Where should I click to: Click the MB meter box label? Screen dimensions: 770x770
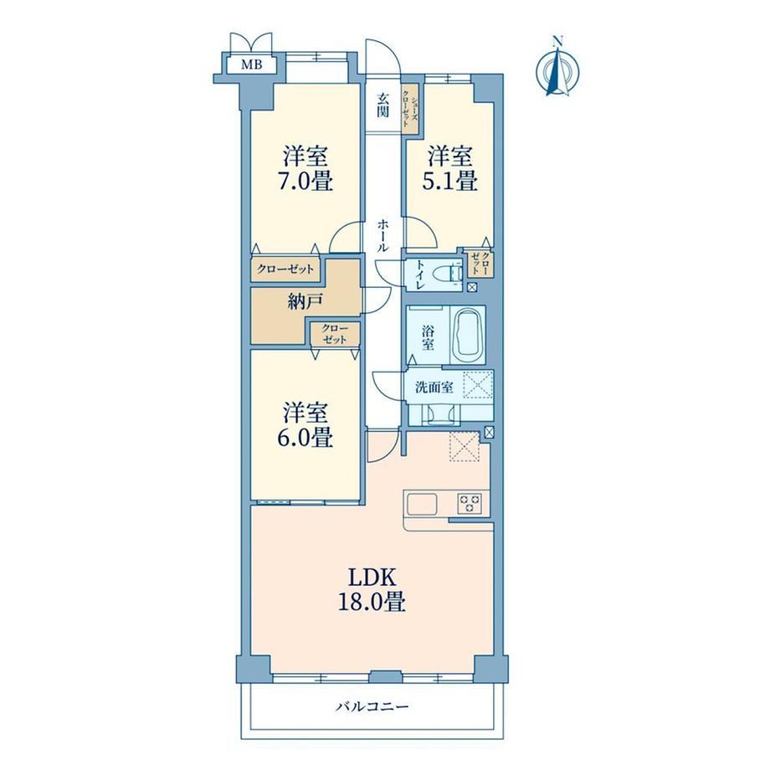[x=251, y=64]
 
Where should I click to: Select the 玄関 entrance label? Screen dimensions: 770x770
[x=383, y=105]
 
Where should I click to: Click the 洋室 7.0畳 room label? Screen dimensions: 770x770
[x=306, y=168]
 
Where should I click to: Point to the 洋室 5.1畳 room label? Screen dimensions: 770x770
[x=451, y=168]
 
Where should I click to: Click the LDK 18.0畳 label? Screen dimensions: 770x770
[x=372, y=589]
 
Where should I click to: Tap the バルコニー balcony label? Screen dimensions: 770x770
[x=372, y=706]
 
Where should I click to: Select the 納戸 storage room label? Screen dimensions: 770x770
[x=305, y=301]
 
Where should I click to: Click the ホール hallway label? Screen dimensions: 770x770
[x=383, y=236]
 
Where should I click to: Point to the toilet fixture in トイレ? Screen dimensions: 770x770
[x=453, y=273]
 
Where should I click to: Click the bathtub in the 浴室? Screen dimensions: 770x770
[x=468, y=336]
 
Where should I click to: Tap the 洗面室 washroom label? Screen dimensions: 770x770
[x=434, y=388]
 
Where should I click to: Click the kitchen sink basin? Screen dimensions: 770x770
[x=421, y=503]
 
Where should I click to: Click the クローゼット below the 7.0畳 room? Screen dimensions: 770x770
[x=285, y=269]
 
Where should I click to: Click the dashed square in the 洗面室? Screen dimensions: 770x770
[x=478, y=384]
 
